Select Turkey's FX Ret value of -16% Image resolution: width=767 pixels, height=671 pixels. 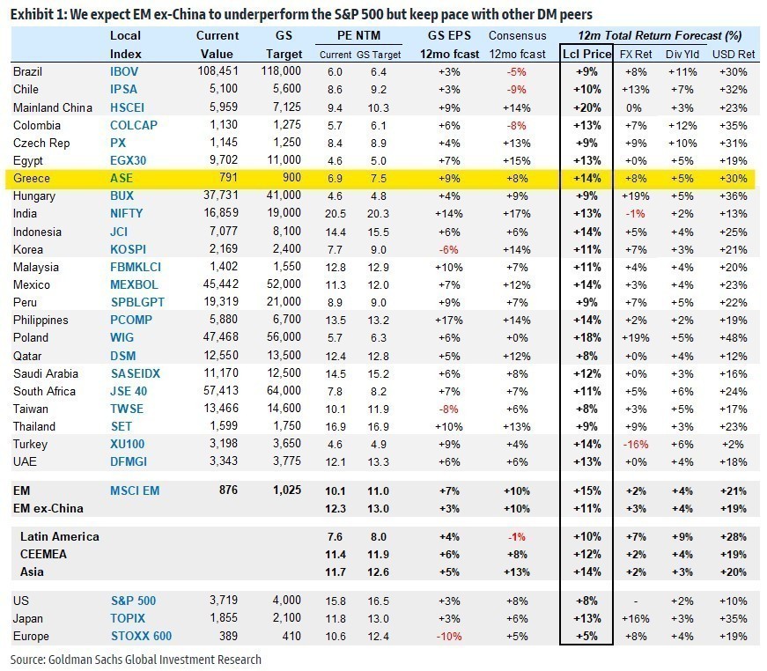point(636,444)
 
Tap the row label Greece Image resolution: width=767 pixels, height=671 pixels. point(32,178)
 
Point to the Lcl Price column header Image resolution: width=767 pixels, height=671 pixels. point(586,54)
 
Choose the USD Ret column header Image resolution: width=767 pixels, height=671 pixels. point(736,54)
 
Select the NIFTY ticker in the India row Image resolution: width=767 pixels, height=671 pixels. point(126,213)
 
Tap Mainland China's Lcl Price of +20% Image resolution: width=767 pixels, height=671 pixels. point(586,107)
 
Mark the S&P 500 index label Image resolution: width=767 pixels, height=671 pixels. point(133,601)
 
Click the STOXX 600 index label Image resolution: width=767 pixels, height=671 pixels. point(141,636)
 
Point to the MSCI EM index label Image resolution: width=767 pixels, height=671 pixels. point(135,490)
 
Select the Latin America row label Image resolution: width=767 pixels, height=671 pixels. point(59,536)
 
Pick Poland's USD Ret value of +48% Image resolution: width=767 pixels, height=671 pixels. point(736,337)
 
